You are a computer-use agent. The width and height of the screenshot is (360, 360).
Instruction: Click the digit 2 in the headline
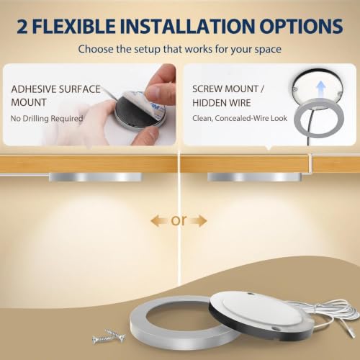pyautogui.click(x=22, y=26)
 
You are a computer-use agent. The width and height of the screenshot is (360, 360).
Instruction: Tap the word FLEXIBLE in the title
pyautogui.click(x=75, y=26)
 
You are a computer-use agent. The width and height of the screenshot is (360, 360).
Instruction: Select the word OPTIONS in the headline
pyautogui.click(x=301, y=26)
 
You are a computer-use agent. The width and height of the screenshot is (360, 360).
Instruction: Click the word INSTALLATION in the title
pyautogui.click(x=187, y=26)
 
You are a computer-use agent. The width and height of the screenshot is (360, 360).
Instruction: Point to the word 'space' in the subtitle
pyautogui.click(x=268, y=50)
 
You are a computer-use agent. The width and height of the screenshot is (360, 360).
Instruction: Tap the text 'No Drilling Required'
pyautogui.click(x=47, y=119)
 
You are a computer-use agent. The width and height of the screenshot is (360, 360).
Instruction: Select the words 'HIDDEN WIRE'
pyautogui.click(x=222, y=103)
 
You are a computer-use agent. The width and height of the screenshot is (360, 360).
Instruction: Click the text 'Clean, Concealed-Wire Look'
pyautogui.click(x=240, y=118)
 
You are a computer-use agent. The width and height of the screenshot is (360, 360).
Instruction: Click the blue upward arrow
pyautogui.click(x=321, y=89)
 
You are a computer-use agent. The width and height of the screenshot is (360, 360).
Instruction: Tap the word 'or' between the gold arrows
pyautogui.click(x=179, y=220)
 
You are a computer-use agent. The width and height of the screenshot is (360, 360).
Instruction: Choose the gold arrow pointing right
pyautogui.click(x=198, y=221)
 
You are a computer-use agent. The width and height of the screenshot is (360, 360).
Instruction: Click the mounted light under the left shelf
pyautogui.click(x=96, y=177)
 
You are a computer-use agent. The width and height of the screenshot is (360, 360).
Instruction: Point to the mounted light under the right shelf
pyautogui.click(x=254, y=177)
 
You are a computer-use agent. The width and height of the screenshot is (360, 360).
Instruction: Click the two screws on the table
pyautogui.click(x=109, y=336)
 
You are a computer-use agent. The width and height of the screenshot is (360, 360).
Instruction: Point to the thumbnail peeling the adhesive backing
pyautogui.click(x=154, y=91)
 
